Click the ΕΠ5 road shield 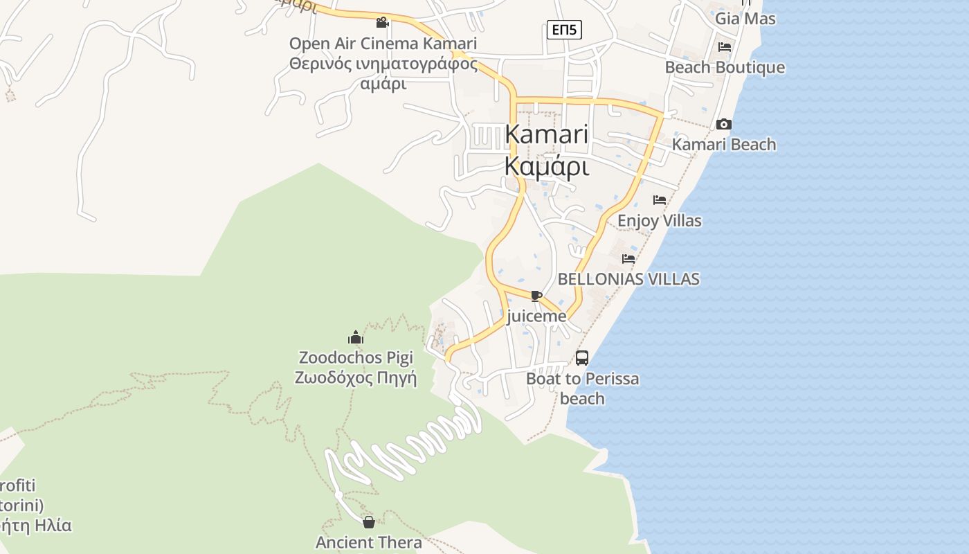[564, 30]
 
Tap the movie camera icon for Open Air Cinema [382, 23]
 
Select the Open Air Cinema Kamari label [383, 44]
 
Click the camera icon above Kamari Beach [724, 125]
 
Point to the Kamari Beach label [724, 145]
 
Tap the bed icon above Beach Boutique [725, 47]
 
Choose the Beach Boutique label [725, 67]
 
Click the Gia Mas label [745, 19]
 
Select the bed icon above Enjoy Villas [660, 200]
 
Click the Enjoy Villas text [659, 221]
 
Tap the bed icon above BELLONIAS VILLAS [628, 259]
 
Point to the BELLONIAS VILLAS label [628, 279]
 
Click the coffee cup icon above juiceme [536, 296]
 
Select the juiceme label [536, 316]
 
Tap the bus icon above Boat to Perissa [582, 358]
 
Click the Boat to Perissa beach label [582, 388]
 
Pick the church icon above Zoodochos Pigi [356, 337]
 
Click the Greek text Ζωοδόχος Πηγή [356, 378]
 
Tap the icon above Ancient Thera [369, 522]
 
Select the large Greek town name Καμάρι [547, 167]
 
